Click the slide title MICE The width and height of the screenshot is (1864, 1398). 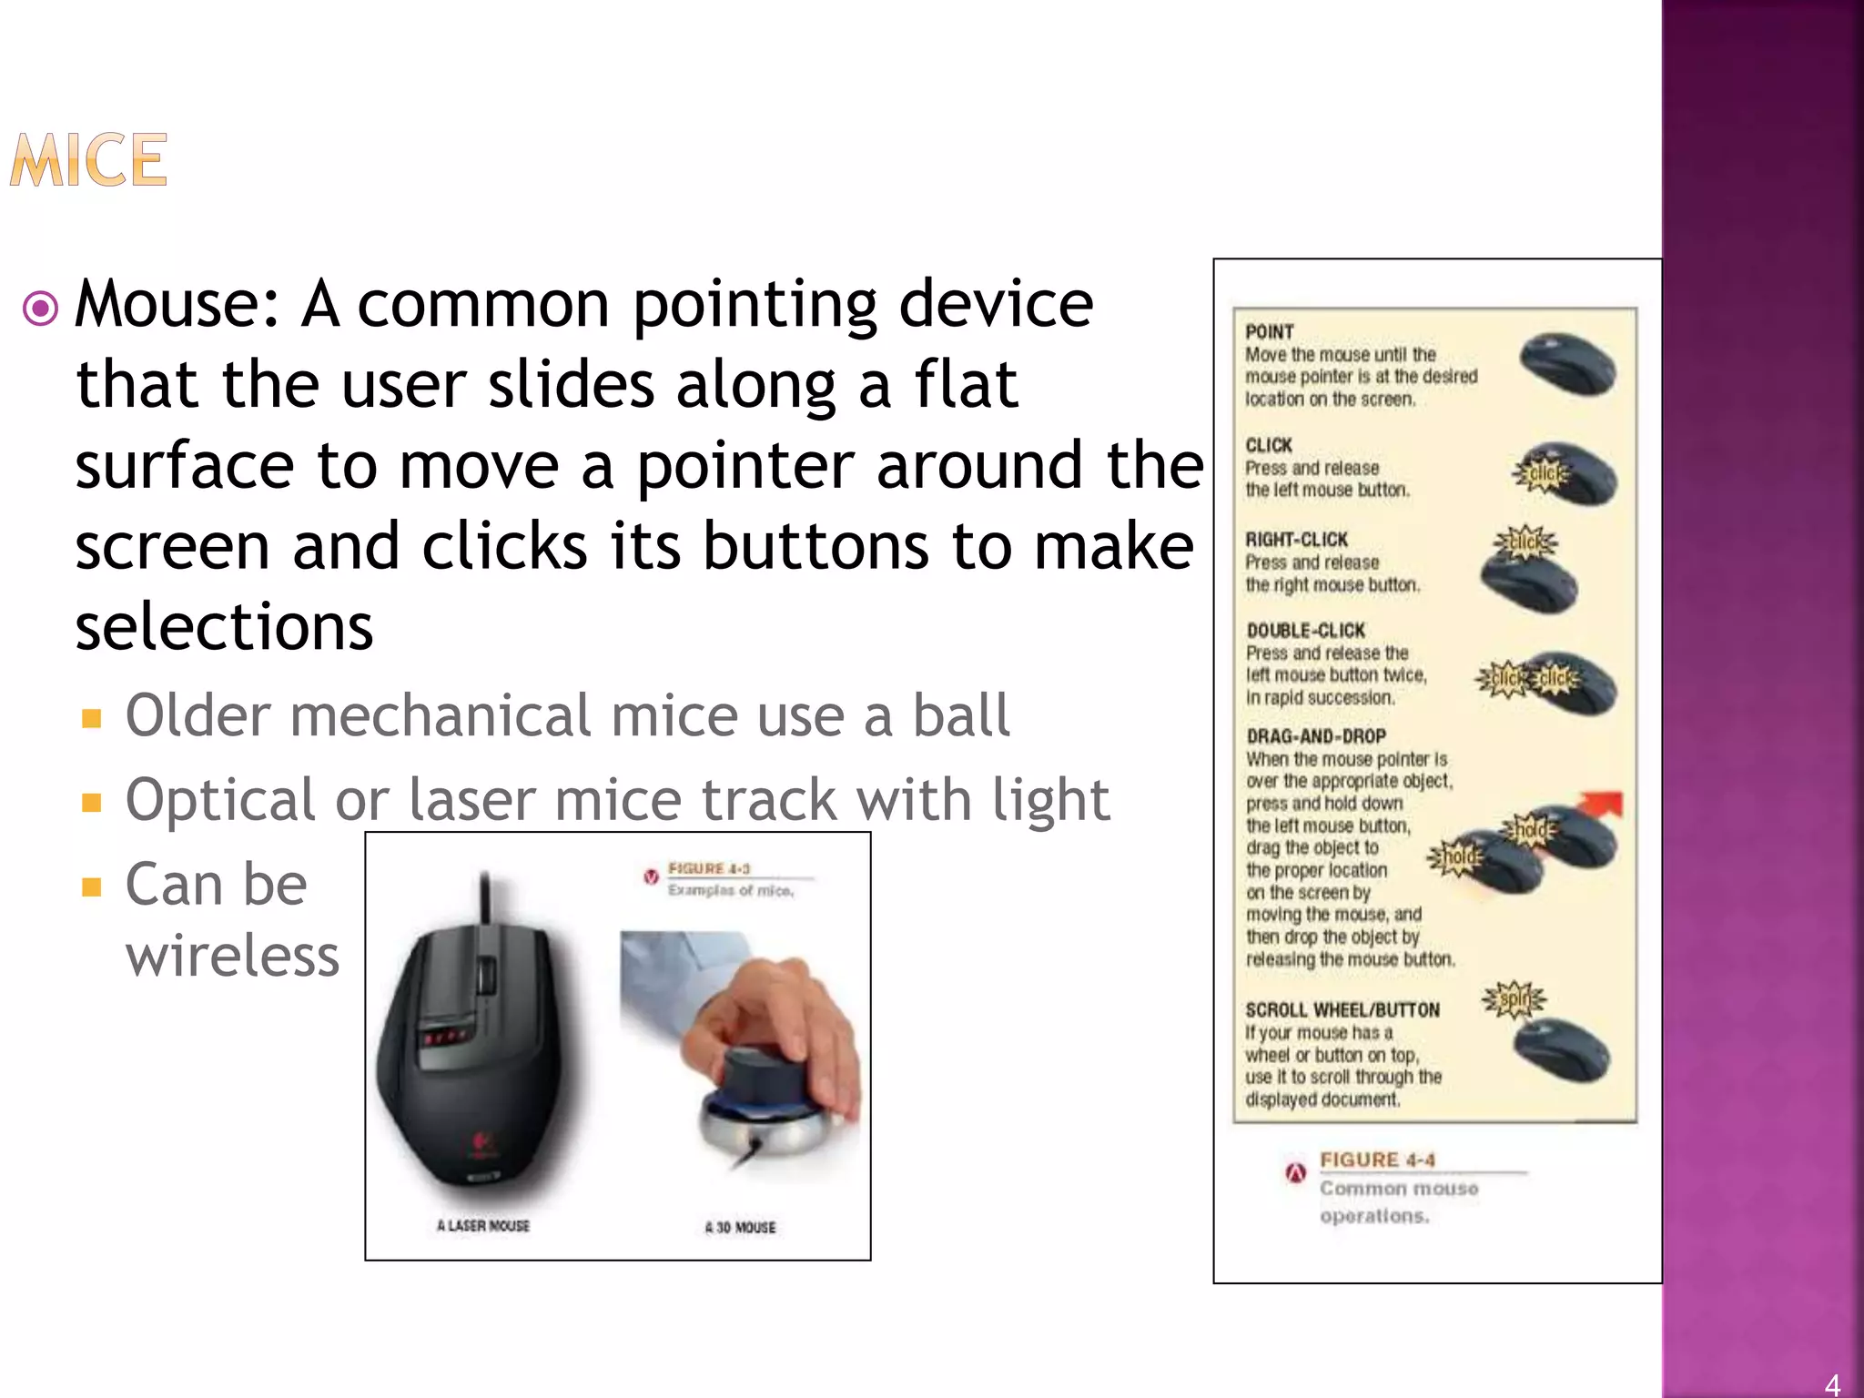click(x=88, y=160)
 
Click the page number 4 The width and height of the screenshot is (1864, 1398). click(x=1832, y=1383)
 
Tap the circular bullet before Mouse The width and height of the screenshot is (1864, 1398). click(x=41, y=309)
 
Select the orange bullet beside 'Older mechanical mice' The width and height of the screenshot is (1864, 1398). click(x=91, y=719)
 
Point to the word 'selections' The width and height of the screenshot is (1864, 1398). click(x=224, y=627)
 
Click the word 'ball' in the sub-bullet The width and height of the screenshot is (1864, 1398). click(x=961, y=715)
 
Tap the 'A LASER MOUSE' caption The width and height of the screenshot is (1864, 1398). click(x=482, y=1226)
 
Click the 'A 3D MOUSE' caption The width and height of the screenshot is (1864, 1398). click(x=740, y=1228)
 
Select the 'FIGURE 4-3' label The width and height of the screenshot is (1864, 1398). click(x=709, y=868)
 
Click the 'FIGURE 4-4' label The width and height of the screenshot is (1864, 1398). click(x=1377, y=1160)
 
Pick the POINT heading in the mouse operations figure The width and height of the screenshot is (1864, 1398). click(x=1270, y=332)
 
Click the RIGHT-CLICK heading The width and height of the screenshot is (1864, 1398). click(x=1296, y=540)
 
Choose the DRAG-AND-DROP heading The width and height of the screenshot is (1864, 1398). click(x=1316, y=736)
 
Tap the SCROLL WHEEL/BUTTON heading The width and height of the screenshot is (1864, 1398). click(x=1342, y=1010)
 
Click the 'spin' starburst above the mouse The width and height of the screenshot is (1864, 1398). click(x=1514, y=1000)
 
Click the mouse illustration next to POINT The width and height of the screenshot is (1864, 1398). click(x=1567, y=365)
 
